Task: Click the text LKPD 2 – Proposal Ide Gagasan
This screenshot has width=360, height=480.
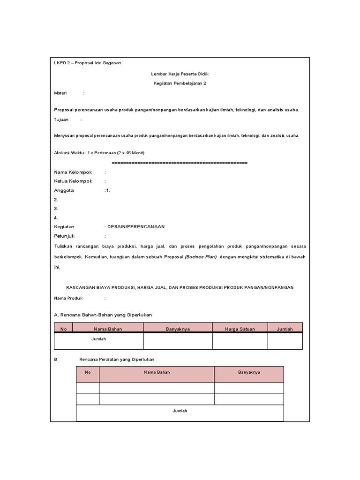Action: point(88,63)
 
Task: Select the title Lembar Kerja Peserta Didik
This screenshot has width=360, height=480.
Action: point(180,74)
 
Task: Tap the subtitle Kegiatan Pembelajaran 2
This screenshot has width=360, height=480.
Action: point(180,83)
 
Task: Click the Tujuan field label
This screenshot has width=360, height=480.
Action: point(61,120)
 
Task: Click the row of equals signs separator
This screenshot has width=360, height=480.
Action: point(180,163)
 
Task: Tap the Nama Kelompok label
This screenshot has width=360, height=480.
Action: point(73,172)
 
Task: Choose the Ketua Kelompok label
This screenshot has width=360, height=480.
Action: point(73,181)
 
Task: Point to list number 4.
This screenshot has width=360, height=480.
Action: point(56,217)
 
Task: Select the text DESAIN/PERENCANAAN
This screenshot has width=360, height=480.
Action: point(136,227)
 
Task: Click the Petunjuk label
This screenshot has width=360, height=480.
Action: point(65,236)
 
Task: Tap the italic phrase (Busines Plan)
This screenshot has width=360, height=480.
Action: point(201,257)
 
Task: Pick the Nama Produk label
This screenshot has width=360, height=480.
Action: point(68,298)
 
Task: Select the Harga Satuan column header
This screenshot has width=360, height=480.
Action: point(240,329)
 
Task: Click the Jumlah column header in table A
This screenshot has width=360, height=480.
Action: point(285,329)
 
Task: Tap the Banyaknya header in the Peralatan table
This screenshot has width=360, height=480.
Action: point(248,372)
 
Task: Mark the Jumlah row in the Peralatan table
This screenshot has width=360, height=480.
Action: point(180,411)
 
